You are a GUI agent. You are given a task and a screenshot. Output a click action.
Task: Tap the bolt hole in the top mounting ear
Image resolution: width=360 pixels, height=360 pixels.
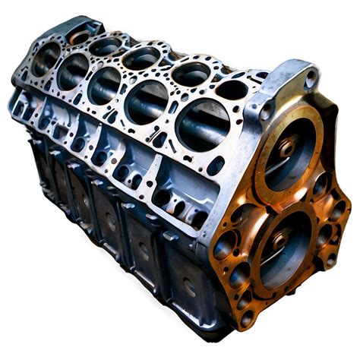pyautogui.click(x=311, y=77)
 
